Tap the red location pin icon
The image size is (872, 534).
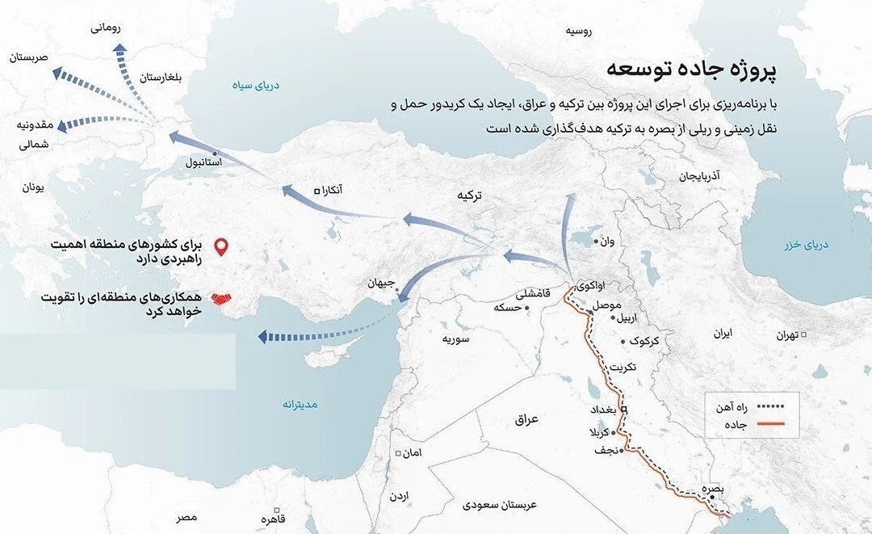coord(219,246)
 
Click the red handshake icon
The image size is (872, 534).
coord(220,300)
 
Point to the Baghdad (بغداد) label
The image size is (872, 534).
coord(606,410)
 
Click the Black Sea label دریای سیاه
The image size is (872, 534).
coord(255,84)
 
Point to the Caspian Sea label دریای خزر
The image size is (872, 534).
coord(811,244)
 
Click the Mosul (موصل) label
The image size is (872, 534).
coord(606,306)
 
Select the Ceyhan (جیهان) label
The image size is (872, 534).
coord(380,284)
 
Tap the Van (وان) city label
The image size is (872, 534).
coord(609,241)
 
